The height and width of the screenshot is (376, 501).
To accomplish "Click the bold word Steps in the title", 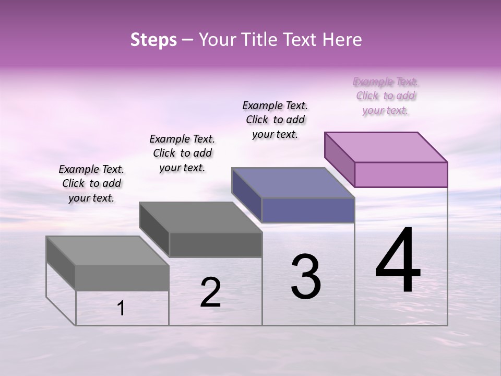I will (x=153, y=40).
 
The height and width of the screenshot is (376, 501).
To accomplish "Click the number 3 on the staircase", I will (x=306, y=277).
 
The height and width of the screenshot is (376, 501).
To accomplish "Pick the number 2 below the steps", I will (x=210, y=292).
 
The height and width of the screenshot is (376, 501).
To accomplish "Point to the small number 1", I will (x=121, y=309).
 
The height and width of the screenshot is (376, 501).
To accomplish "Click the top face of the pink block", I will (x=386, y=147).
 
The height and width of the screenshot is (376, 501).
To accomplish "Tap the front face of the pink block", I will (x=401, y=174).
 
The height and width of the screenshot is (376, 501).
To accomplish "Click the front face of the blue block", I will (x=308, y=210).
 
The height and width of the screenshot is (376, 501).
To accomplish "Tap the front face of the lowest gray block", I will (x=122, y=278).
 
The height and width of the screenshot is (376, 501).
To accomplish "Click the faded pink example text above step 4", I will (x=386, y=96).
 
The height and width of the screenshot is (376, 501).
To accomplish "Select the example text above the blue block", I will (x=275, y=120).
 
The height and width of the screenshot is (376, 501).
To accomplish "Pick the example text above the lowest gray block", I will (x=91, y=183).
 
